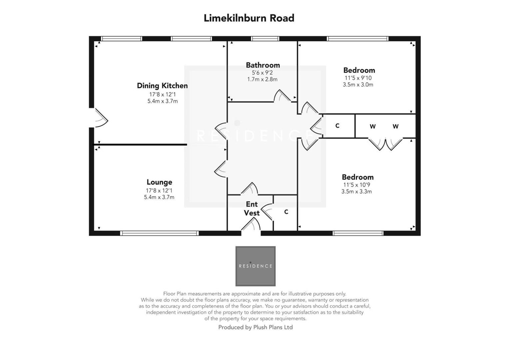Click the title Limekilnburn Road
(x=249, y=18)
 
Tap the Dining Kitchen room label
(x=162, y=86)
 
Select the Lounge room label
(x=159, y=182)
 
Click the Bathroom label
(x=262, y=65)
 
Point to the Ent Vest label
(x=252, y=208)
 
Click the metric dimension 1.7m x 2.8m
(x=262, y=79)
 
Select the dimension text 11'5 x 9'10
(x=358, y=78)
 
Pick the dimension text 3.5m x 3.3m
(x=356, y=192)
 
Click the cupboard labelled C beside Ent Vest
(x=286, y=212)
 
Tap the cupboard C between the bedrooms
(x=337, y=126)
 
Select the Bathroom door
(x=282, y=96)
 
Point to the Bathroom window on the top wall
(x=265, y=39)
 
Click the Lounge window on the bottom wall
(x=160, y=233)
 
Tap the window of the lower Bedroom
(x=358, y=233)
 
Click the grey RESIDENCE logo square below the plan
(x=255, y=266)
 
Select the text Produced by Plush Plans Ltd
(x=255, y=327)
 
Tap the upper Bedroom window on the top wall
(x=358, y=39)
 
